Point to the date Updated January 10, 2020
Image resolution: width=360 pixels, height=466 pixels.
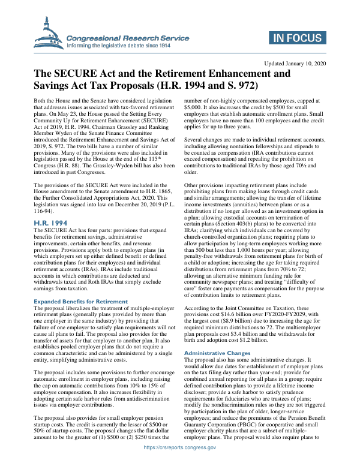[x=295, y=63]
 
